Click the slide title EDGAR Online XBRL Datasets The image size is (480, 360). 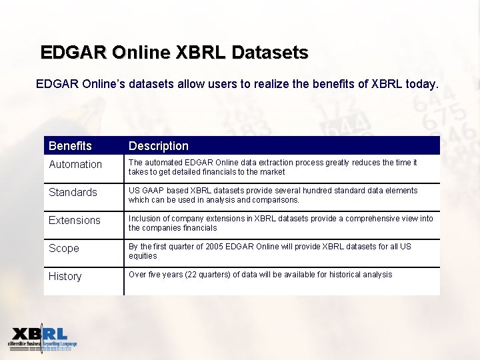174,52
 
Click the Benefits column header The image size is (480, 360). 70,146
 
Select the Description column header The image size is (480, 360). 159,146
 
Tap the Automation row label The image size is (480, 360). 75,165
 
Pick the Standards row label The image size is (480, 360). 73,193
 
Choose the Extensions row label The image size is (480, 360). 75,221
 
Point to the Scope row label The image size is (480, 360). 64,249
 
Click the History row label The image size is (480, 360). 65,277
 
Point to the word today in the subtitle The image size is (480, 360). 423,85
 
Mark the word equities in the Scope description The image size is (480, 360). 143,256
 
